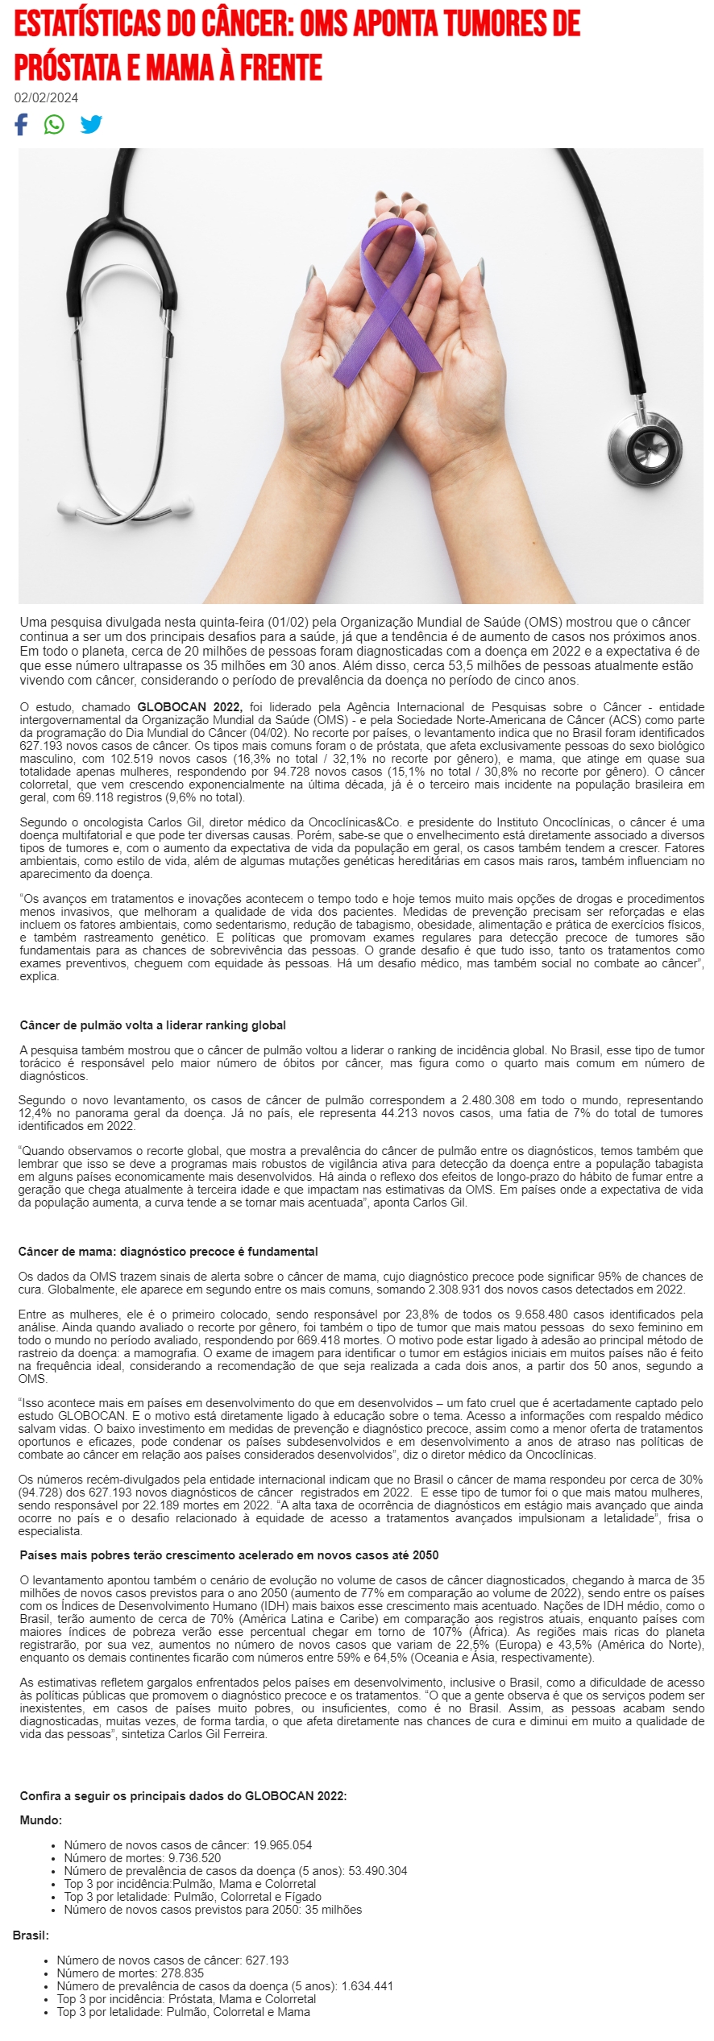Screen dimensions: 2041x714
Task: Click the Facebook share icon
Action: point(21,125)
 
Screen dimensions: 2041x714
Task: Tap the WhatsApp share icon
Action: point(54,125)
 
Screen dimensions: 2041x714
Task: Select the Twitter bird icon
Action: point(91,125)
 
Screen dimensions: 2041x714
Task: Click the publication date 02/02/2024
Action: point(46,98)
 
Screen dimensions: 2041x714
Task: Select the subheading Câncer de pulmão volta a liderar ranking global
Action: point(152,1025)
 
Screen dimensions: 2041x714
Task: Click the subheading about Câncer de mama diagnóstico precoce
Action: point(168,1252)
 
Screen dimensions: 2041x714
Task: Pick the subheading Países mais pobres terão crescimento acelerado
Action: point(229,1555)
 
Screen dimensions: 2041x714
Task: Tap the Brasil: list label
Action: point(31,1935)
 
